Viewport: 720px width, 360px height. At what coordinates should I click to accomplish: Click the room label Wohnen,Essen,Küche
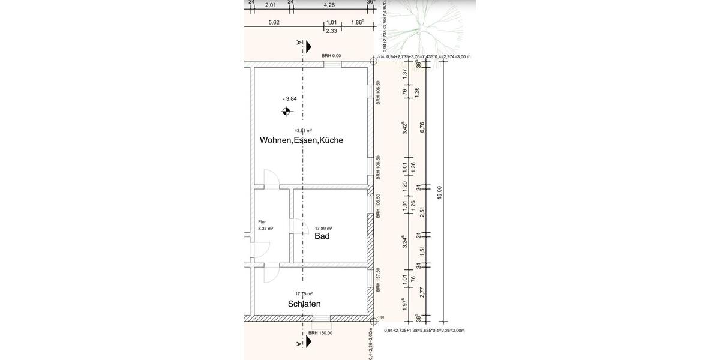point(301,140)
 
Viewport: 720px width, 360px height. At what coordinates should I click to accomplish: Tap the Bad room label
point(322,236)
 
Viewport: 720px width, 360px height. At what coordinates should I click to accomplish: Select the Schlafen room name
point(304,304)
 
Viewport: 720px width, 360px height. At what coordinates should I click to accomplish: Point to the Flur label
point(262,221)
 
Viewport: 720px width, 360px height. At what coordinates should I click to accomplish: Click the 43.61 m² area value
point(302,130)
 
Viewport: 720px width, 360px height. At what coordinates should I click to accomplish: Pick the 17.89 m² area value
point(323,228)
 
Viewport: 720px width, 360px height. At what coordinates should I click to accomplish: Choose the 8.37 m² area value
point(265,229)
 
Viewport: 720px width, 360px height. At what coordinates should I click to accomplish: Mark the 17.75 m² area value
point(304,294)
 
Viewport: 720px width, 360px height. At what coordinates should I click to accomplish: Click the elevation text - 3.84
point(290,99)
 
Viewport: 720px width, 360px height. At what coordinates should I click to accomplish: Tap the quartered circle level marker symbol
point(286,111)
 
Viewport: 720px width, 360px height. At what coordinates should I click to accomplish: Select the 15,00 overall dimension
point(440,193)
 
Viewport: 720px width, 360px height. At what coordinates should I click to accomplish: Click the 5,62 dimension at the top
point(274,22)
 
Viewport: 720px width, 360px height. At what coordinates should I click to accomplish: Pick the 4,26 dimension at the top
point(329,5)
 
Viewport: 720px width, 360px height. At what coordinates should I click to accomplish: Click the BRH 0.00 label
point(331,56)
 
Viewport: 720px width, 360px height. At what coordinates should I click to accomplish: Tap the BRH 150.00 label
point(320,333)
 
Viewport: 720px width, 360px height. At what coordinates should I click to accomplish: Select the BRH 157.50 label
point(378,280)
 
